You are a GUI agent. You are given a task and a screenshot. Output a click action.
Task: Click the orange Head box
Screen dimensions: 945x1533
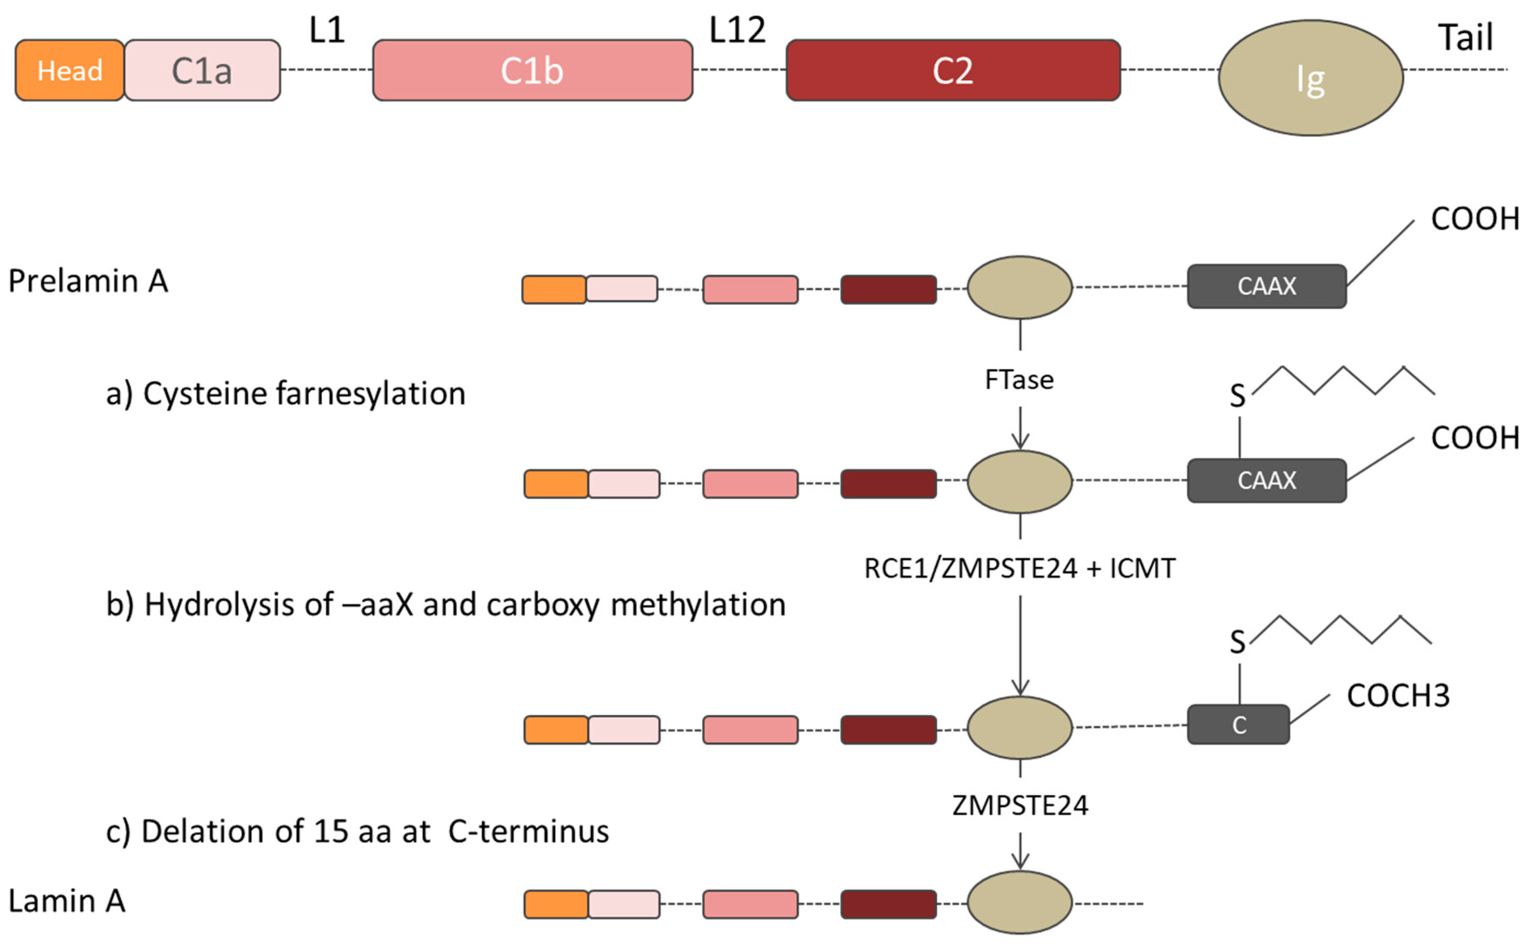[70, 70]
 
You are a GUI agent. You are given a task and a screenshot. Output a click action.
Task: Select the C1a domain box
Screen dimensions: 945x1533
[202, 70]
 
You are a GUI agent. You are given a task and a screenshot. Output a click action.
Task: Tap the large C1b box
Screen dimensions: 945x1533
[532, 70]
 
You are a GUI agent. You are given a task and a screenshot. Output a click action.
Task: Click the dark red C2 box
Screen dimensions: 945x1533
[952, 70]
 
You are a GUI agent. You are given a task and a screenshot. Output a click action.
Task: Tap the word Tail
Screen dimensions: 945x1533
[1466, 37]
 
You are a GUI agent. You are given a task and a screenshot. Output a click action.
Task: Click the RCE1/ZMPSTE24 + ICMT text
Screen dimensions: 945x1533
[1019, 568]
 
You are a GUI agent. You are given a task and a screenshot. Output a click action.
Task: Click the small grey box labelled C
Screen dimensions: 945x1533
[1238, 725]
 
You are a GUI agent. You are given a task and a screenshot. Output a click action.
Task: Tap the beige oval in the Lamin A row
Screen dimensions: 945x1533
[1019, 902]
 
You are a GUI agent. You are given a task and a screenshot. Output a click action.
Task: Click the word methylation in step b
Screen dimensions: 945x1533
[698, 604]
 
